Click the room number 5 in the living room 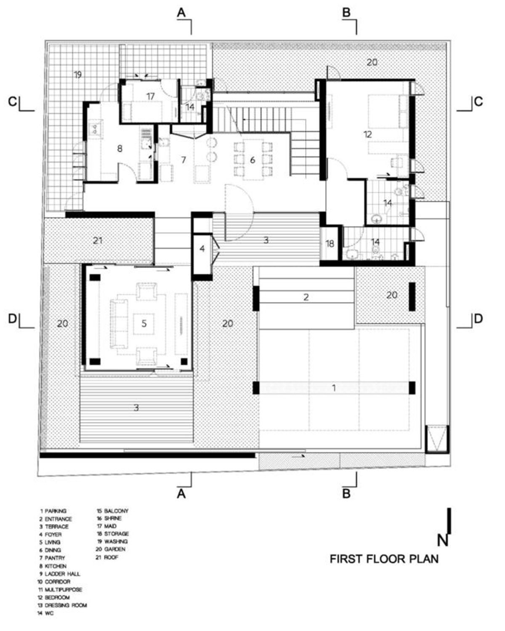(x=144, y=323)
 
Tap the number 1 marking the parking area (x=334, y=388)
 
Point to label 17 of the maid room (x=150, y=96)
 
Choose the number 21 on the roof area (x=98, y=241)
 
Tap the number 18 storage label (x=330, y=243)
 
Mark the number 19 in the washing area (x=77, y=75)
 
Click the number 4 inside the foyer (x=202, y=249)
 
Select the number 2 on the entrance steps (x=306, y=297)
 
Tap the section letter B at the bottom (x=346, y=493)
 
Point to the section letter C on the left (x=13, y=102)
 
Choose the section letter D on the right (x=478, y=319)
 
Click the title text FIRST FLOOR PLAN (x=384, y=559)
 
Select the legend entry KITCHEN (x=56, y=566)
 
